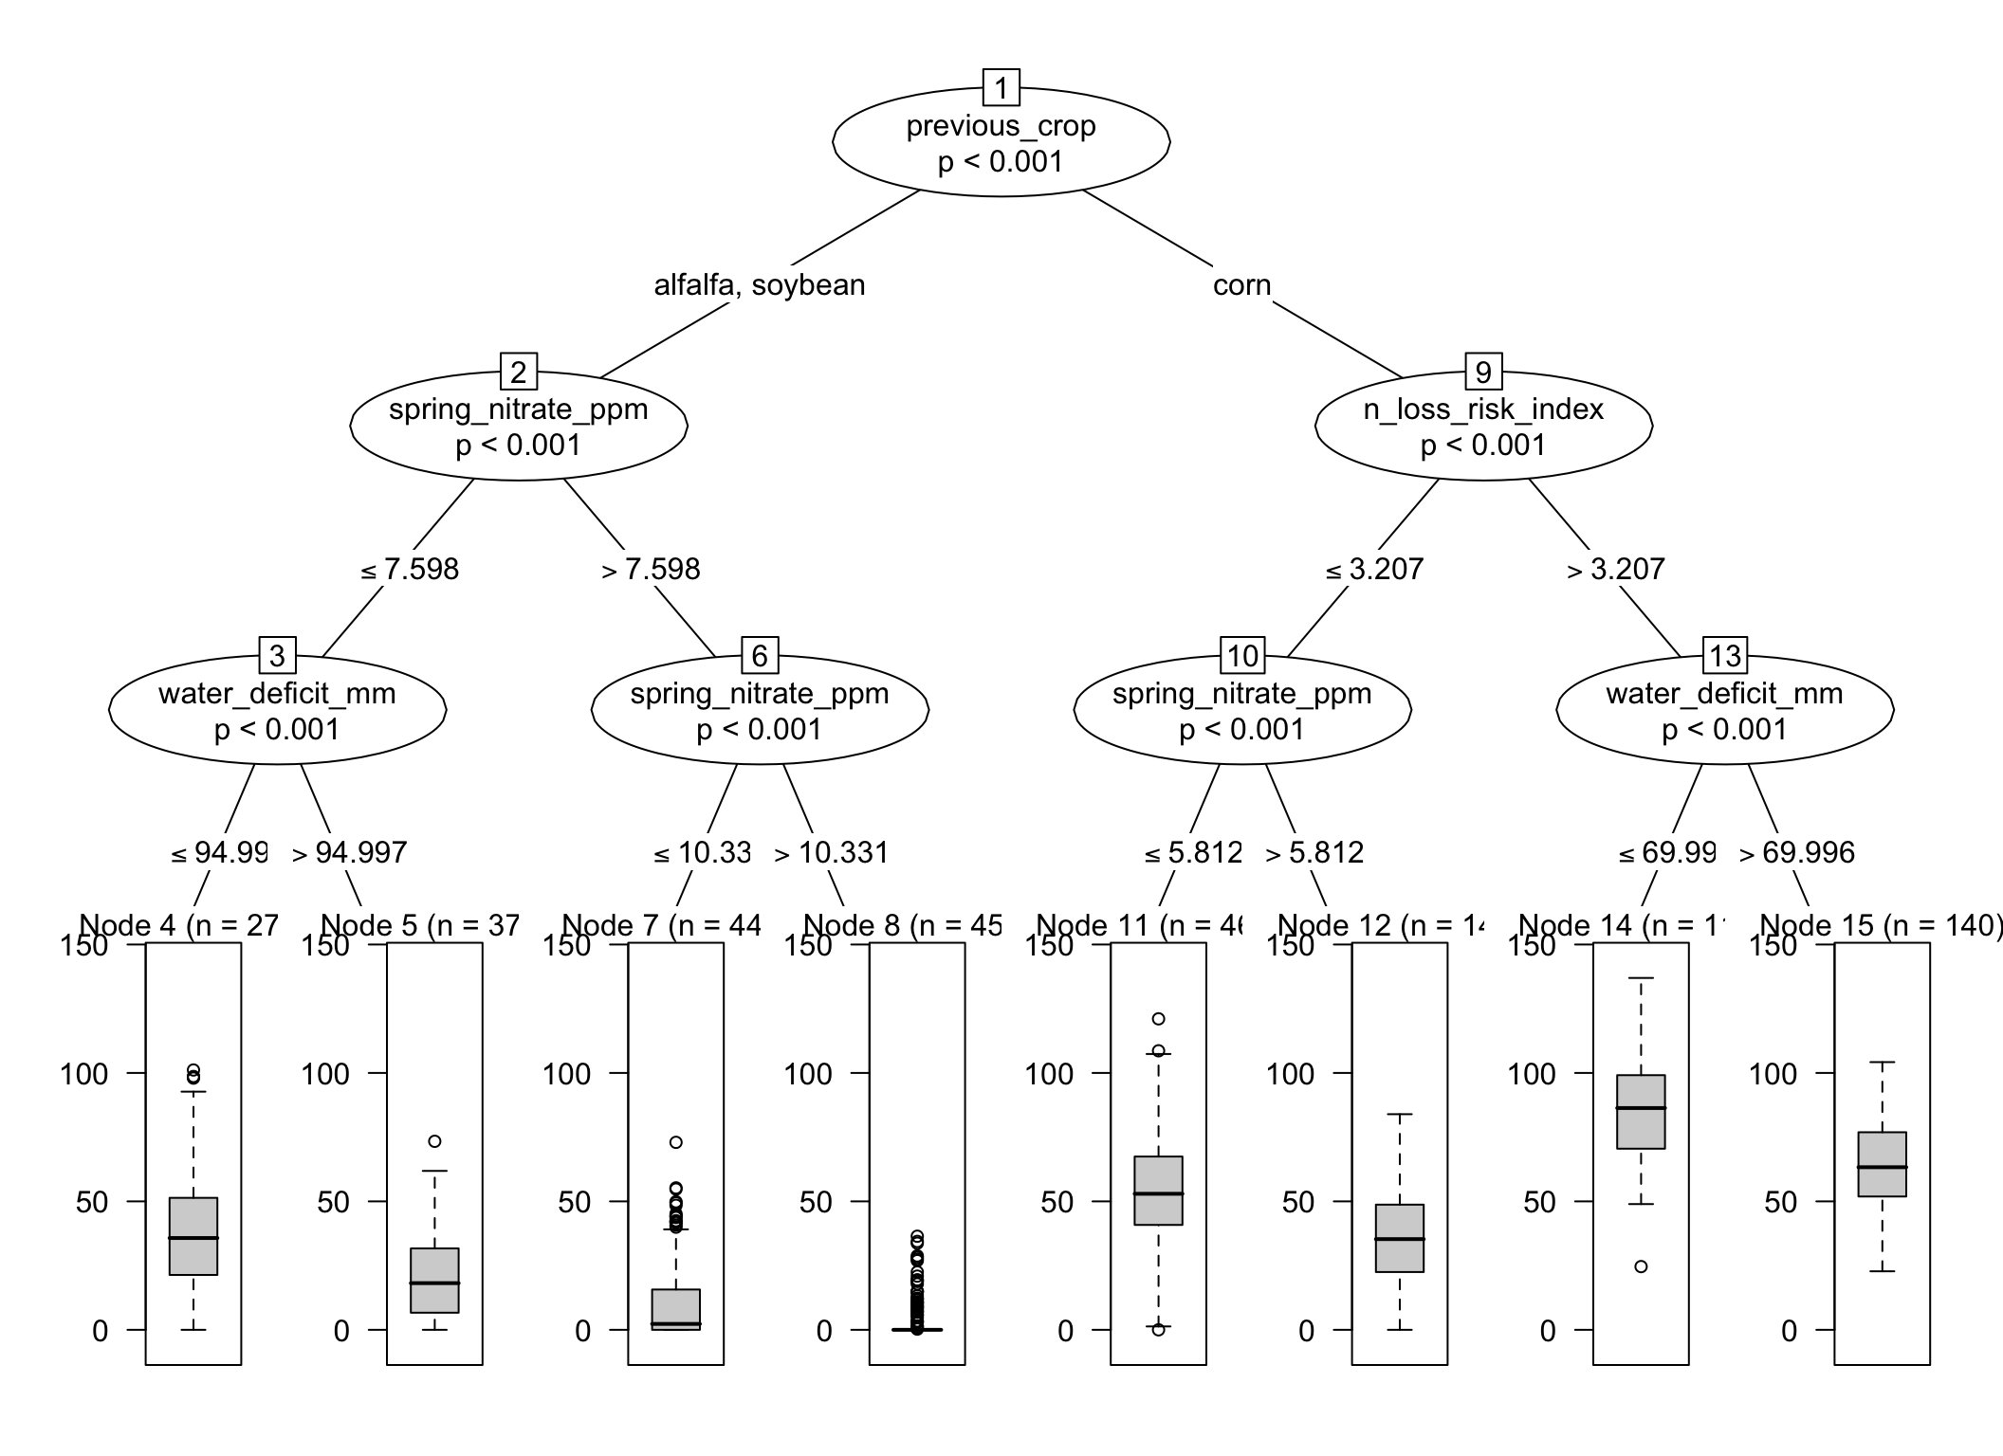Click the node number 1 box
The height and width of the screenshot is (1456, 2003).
pyautogui.click(x=1001, y=88)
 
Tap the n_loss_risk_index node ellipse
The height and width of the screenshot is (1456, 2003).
pyautogui.click(x=1482, y=428)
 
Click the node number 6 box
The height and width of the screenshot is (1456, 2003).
pyautogui.click(x=759, y=655)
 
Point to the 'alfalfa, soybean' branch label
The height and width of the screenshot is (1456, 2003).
pyautogui.click(x=759, y=285)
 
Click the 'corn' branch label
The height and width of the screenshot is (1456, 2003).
pyautogui.click(x=1241, y=285)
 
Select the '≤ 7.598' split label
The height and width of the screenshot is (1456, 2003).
pyautogui.click(x=410, y=570)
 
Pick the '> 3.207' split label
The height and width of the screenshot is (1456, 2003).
pyautogui.click(x=1615, y=570)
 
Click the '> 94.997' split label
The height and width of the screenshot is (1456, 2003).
pyautogui.click(x=349, y=853)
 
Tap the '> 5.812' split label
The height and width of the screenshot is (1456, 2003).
pyautogui.click(x=1314, y=853)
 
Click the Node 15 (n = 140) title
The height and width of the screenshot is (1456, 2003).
pyautogui.click(x=1881, y=925)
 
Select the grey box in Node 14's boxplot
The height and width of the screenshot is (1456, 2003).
pyautogui.click(x=1641, y=1112)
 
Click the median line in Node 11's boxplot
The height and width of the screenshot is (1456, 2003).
pyautogui.click(x=1158, y=1193)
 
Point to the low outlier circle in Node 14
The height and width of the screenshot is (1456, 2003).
pyautogui.click(x=1641, y=1266)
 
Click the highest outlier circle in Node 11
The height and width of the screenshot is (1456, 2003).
pyautogui.click(x=1158, y=1019)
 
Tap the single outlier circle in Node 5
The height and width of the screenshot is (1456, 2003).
pyautogui.click(x=434, y=1141)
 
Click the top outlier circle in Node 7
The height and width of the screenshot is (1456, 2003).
pyautogui.click(x=675, y=1142)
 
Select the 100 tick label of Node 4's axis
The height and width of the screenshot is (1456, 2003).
pyautogui.click(x=84, y=1074)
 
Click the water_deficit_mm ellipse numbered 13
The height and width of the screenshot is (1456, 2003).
pyautogui.click(x=1724, y=711)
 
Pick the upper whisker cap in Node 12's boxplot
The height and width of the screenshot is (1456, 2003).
pyautogui.click(x=1400, y=1115)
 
